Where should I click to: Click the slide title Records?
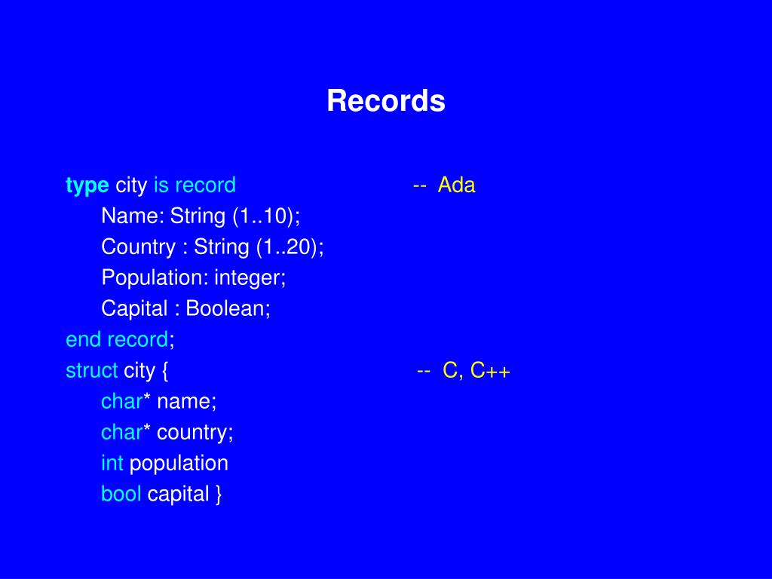click(386, 101)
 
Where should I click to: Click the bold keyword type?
click(87, 186)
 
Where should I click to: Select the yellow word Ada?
click(456, 185)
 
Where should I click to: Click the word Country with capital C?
click(139, 247)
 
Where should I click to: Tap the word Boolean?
click(225, 308)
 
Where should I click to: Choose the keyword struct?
click(91, 371)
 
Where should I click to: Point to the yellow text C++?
click(490, 371)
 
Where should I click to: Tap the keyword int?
click(112, 464)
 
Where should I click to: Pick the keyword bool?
click(121, 495)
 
